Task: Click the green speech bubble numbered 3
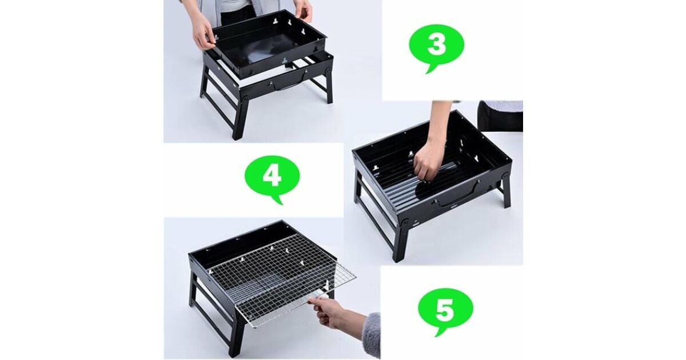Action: (436, 46)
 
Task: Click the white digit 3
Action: (436, 45)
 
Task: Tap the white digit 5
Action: (445, 309)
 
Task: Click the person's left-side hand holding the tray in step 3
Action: (203, 34)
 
